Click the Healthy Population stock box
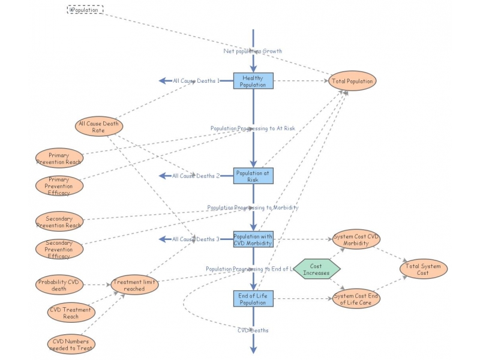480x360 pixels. pyautogui.click(x=253, y=81)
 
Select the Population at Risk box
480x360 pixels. pyautogui.click(x=253, y=176)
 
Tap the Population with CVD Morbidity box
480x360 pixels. pyautogui.click(x=253, y=239)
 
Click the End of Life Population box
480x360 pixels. pyautogui.click(x=253, y=299)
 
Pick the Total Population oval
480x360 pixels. pyautogui.click(x=352, y=81)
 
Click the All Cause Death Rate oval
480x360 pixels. pyautogui.click(x=99, y=126)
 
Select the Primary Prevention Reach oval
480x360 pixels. pyautogui.click(x=59, y=158)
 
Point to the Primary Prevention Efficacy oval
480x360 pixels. pyautogui.click(x=59, y=186)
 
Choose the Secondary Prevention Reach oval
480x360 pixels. pyautogui.click(x=59, y=221)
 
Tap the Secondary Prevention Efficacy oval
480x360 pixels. pyautogui.click(x=59, y=248)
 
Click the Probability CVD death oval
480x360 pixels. pyautogui.click(x=59, y=284)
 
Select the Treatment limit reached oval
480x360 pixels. pyautogui.click(x=134, y=285)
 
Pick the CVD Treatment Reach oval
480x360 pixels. pyautogui.click(x=71, y=313)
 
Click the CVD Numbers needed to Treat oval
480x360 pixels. pyautogui.click(x=71, y=343)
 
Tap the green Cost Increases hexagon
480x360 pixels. pyautogui.click(x=316, y=269)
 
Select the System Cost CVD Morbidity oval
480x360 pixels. pyautogui.click(x=356, y=239)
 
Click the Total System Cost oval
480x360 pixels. pyautogui.click(x=424, y=269)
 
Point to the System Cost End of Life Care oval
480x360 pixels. pyautogui.click(x=356, y=299)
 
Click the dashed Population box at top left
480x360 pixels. pyautogui.click(x=85, y=10)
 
